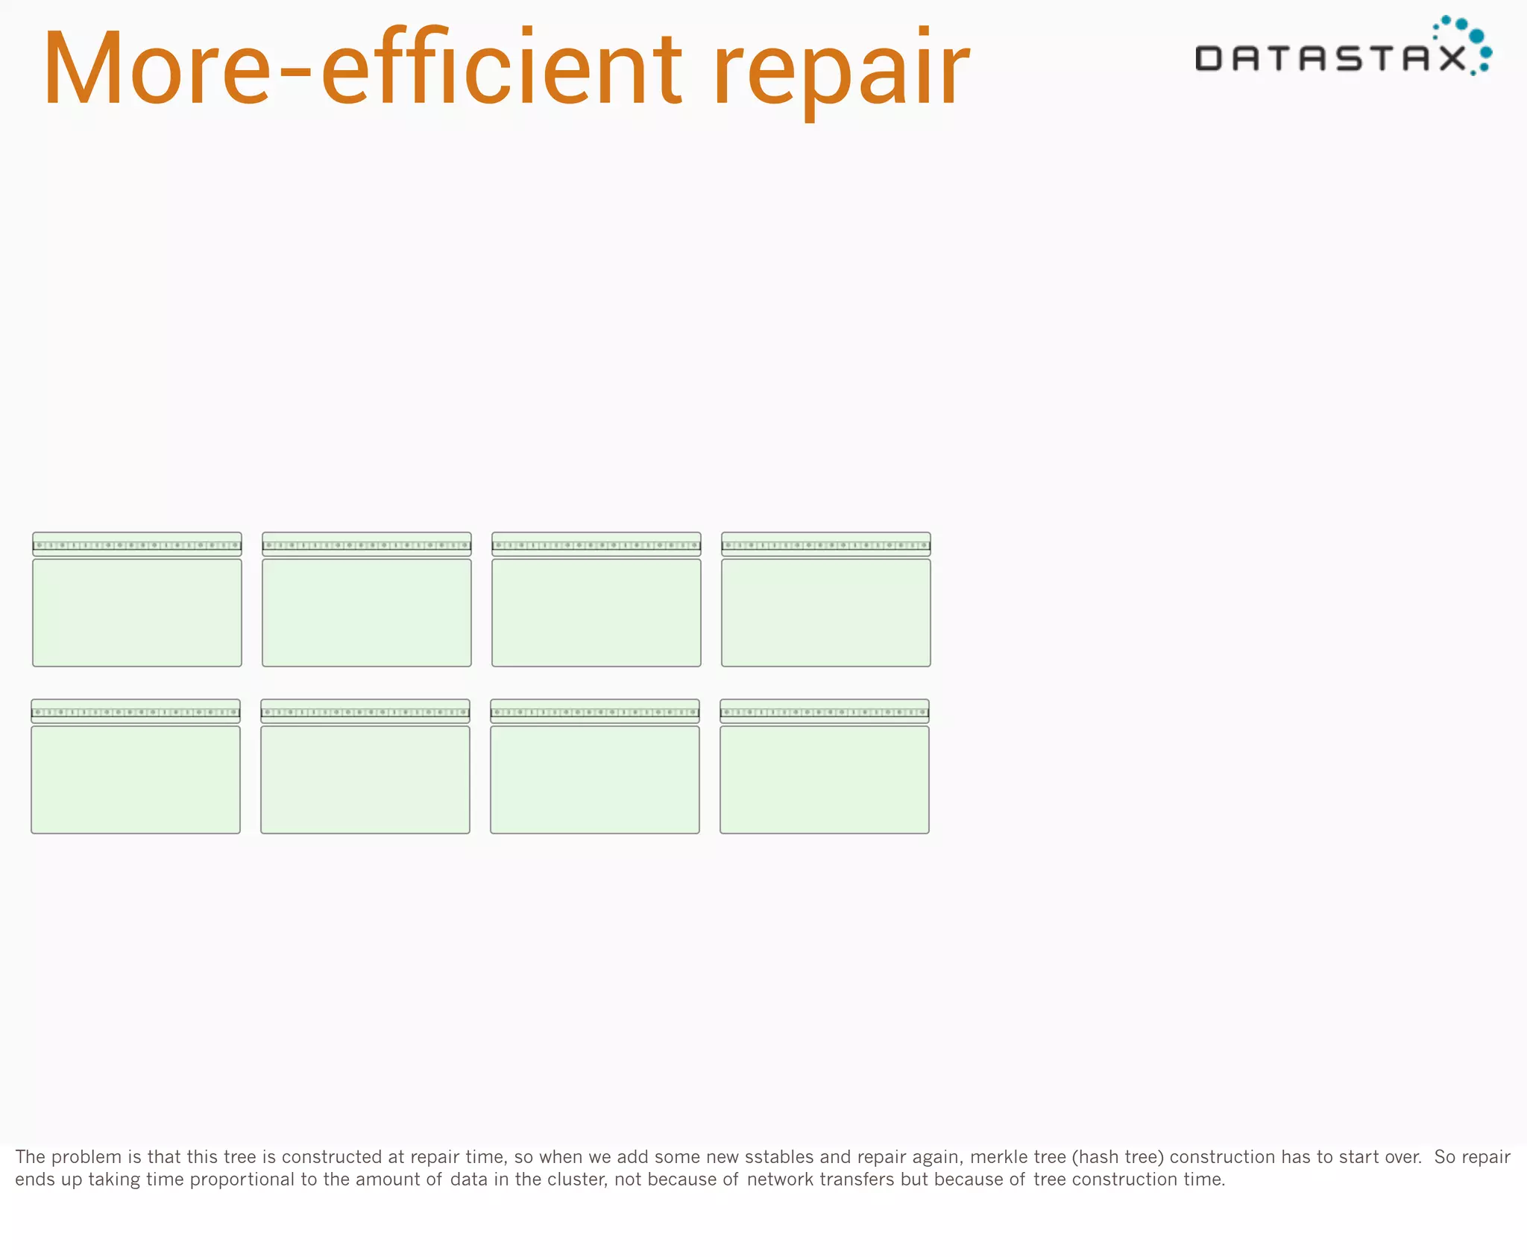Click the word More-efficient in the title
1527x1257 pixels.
point(362,69)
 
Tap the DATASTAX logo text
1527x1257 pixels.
point(1330,58)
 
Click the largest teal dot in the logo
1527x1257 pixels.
point(1476,36)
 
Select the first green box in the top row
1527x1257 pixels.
point(137,612)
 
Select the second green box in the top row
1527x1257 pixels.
point(367,612)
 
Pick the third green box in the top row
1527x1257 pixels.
point(596,612)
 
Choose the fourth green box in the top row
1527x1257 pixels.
point(826,612)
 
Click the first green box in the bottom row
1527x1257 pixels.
point(136,779)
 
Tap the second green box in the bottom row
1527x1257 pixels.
point(365,779)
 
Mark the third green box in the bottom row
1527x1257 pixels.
point(595,779)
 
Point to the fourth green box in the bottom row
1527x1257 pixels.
point(825,779)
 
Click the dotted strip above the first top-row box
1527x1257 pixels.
point(137,545)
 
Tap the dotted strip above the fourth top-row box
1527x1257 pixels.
point(826,545)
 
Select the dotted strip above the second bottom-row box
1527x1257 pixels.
point(365,712)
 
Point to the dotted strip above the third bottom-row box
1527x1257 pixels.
point(595,712)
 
